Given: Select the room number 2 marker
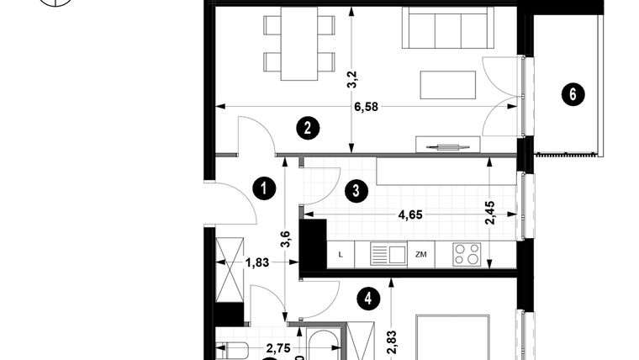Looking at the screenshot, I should (x=308, y=128).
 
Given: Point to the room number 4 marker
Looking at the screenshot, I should (x=367, y=297).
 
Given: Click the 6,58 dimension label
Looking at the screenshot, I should (x=364, y=107).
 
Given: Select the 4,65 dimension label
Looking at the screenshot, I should (x=409, y=214).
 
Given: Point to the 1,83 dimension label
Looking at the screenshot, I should (x=257, y=262).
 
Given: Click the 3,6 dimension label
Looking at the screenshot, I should (x=286, y=240).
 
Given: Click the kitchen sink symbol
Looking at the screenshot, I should (x=388, y=252).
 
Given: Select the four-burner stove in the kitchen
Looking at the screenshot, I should (x=467, y=253).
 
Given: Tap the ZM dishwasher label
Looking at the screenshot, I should (x=421, y=254).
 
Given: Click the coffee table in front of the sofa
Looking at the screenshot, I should (x=446, y=85).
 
